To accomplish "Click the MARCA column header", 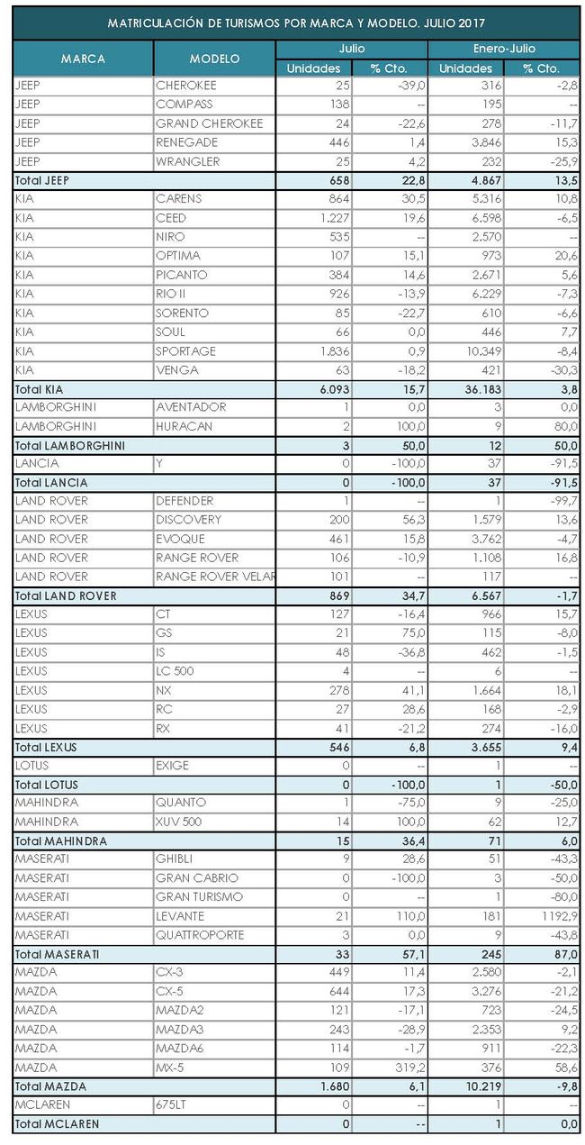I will click(83, 59).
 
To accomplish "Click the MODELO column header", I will click(214, 59).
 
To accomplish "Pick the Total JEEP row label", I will click(42, 180).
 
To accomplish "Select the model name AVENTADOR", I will click(191, 407).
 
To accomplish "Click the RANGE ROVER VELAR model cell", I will click(214, 577).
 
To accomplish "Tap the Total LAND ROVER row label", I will click(66, 595).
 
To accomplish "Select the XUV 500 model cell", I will click(180, 822).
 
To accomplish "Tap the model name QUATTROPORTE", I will click(200, 935).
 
